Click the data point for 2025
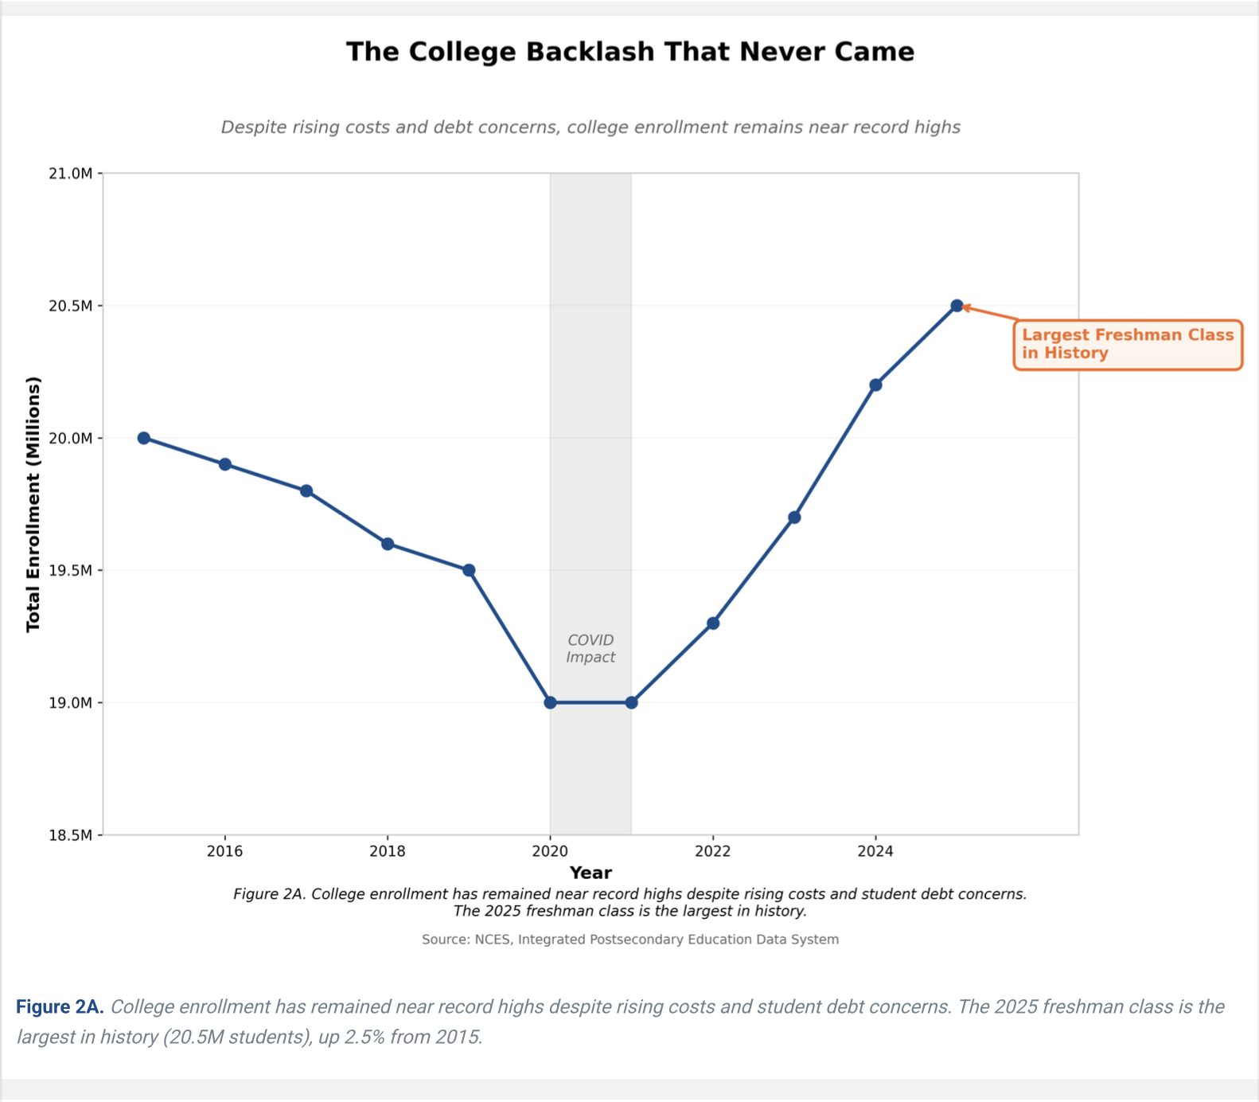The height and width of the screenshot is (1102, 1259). [957, 306]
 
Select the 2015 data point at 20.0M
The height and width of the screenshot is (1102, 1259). [144, 438]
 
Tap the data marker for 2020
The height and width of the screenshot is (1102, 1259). [550, 703]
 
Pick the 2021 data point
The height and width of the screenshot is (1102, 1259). [632, 703]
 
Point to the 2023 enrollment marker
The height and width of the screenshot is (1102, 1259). [794, 518]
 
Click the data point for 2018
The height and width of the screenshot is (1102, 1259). [388, 544]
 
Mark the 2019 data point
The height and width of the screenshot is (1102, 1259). [469, 570]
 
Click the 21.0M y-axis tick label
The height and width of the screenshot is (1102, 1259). [71, 174]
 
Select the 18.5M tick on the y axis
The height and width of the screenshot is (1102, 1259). [71, 835]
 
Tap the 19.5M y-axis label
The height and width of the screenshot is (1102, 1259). [71, 571]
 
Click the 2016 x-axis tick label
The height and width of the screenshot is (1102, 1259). [225, 851]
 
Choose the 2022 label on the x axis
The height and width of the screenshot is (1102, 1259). [713, 851]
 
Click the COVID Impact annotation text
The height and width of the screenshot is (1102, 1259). [591, 649]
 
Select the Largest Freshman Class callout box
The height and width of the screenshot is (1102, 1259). [1128, 345]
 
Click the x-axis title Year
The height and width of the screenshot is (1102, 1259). [591, 873]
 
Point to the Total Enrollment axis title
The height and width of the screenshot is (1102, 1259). [33, 505]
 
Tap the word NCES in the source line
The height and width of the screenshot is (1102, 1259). [493, 940]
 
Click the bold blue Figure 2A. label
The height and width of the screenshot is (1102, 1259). [60, 1007]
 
